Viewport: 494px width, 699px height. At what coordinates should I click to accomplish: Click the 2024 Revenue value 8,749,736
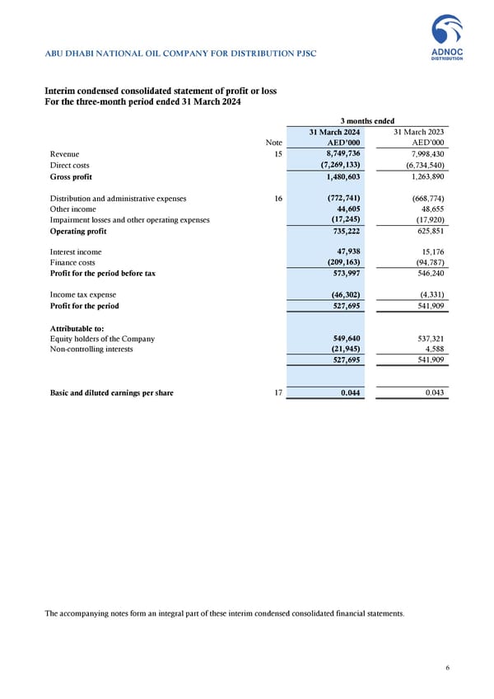338,153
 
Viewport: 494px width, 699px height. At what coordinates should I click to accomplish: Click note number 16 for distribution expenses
277,198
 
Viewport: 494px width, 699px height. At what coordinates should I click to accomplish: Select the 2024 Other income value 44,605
344,209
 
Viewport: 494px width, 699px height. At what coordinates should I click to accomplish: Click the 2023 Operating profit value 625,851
428,232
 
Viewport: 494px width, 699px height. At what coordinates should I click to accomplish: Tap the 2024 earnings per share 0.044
348,393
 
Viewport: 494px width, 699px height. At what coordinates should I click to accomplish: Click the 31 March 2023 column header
420,132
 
